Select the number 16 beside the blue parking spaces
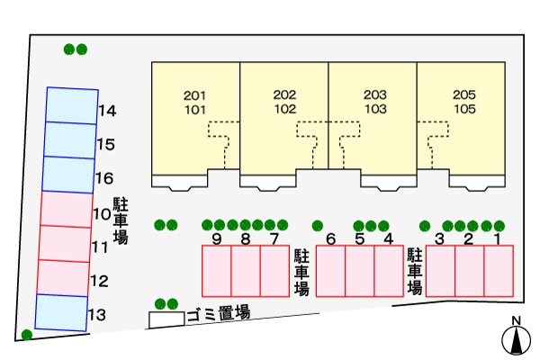(x=103, y=178)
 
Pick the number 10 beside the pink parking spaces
(x=101, y=215)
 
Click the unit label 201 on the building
(x=194, y=94)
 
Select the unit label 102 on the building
(x=284, y=109)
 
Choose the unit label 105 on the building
(x=464, y=109)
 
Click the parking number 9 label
(x=217, y=238)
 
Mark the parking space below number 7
(x=274, y=270)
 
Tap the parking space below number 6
(x=331, y=270)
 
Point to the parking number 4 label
(x=388, y=238)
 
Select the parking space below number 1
(x=498, y=270)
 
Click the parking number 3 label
(x=440, y=238)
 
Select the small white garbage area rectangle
(x=166, y=319)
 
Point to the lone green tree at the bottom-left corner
(x=27, y=335)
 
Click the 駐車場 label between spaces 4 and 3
(x=415, y=271)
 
